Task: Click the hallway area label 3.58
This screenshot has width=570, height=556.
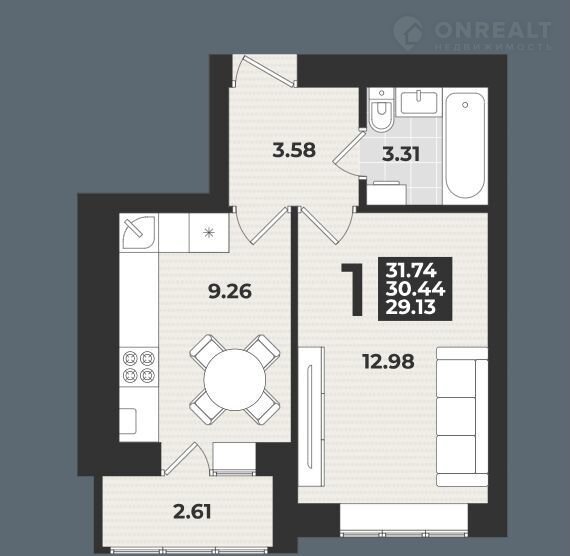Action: (294, 150)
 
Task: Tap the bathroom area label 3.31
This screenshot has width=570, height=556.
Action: (401, 154)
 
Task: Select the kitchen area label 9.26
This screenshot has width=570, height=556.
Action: (230, 292)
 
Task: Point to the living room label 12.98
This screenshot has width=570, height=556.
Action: (389, 361)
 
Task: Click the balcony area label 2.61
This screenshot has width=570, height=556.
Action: (192, 512)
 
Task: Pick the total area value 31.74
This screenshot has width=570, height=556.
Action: (411, 271)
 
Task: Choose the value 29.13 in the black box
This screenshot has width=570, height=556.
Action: (410, 307)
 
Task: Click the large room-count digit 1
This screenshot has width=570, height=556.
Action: (353, 289)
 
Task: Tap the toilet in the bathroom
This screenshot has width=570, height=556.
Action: (381, 110)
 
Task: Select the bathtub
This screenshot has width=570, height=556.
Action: (465, 146)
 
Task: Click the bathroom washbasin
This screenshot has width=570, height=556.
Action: (418, 103)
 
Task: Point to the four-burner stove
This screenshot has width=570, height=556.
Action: (139, 367)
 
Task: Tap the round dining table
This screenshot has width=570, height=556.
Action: (235, 380)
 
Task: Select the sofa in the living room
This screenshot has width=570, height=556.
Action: (462, 417)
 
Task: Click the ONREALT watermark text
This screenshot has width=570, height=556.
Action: (493, 30)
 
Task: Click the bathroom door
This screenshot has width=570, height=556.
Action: (347, 153)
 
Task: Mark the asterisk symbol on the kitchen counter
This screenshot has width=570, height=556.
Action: (209, 232)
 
